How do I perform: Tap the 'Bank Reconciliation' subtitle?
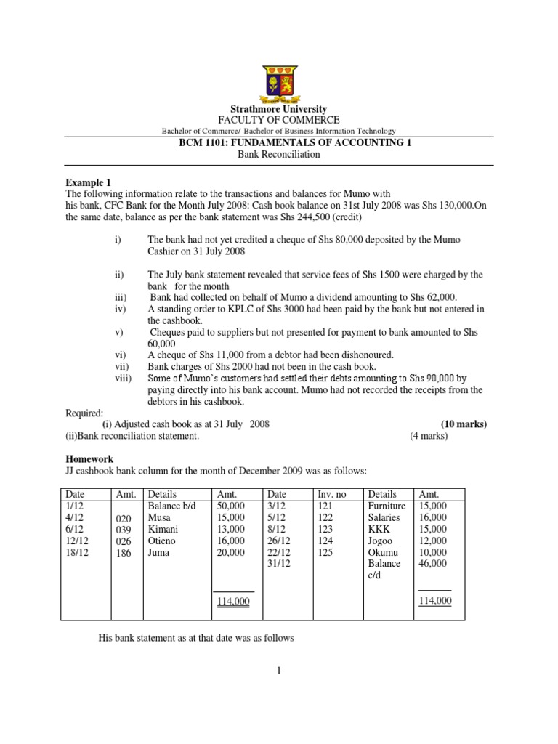coord(279,155)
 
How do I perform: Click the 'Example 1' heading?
coord(89,183)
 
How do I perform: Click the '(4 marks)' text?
coord(429,436)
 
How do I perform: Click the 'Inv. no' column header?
coord(333,494)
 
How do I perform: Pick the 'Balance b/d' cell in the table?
coord(171,506)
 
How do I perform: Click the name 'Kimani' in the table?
coord(163,529)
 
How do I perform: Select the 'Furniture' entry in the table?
coord(387,506)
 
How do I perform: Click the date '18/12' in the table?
coord(76,552)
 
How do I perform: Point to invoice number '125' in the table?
coord(325,552)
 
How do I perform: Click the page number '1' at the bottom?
coord(278,672)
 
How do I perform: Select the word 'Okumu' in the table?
coord(383,552)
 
